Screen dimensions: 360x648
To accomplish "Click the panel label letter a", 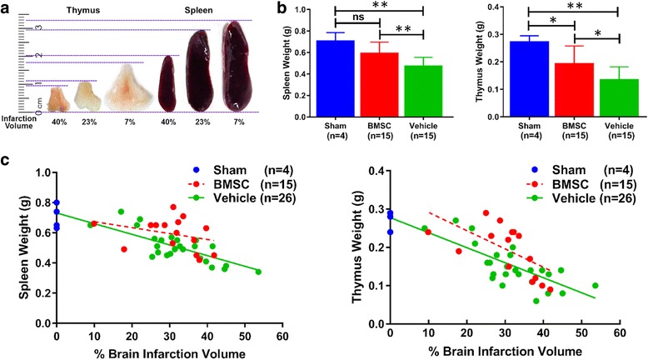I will click(7, 8).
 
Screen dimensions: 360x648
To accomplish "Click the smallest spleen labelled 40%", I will click(167, 83).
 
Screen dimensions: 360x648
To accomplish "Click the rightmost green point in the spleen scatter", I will click(257, 272).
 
